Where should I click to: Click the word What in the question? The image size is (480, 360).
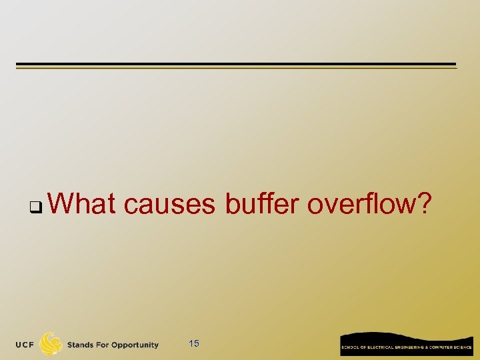click(x=82, y=203)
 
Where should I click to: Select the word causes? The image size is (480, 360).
click(x=169, y=205)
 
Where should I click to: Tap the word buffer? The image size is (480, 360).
click(x=262, y=203)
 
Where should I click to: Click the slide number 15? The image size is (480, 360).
click(x=194, y=344)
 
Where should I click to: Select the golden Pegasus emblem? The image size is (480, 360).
click(x=51, y=344)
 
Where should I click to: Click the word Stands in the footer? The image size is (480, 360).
click(x=81, y=345)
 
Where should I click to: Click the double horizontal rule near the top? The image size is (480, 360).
click(x=236, y=66)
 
